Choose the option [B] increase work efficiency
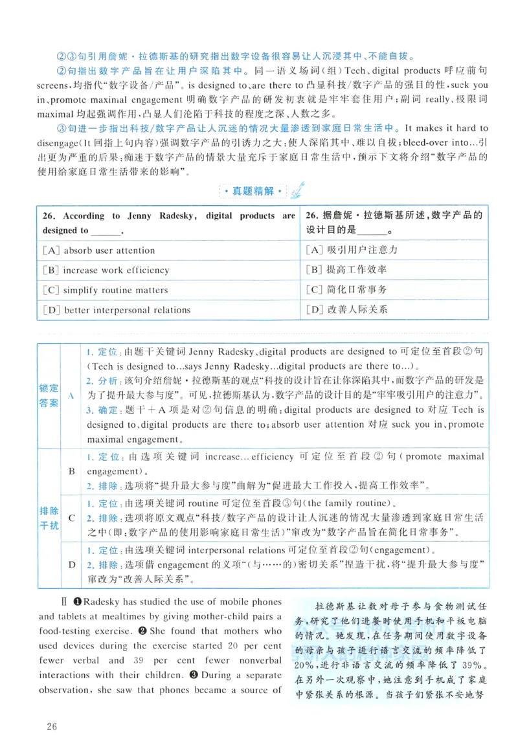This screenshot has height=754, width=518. (106, 271)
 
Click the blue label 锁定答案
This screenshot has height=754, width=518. (49, 395)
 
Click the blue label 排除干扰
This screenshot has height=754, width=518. (49, 517)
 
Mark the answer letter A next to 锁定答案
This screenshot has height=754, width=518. (71, 395)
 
